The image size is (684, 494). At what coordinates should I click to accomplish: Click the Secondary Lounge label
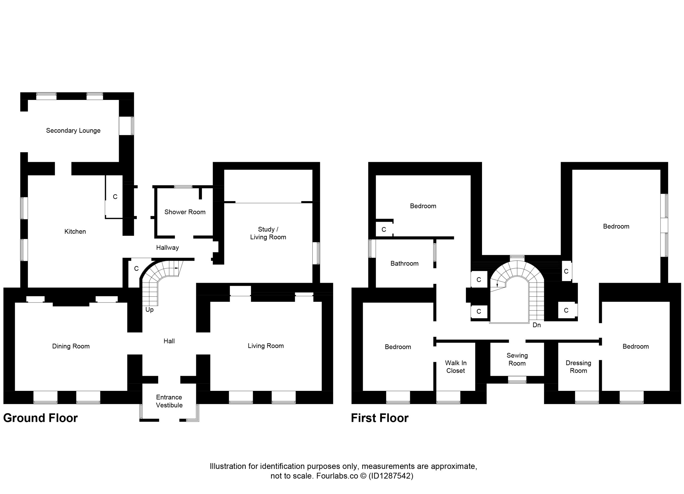point(73,131)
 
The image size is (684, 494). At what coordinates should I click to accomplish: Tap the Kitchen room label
point(75,232)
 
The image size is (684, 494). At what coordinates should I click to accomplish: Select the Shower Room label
point(185,212)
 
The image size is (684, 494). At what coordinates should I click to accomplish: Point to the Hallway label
point(167,248)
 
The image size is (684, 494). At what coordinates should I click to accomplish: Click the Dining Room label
point(71,346)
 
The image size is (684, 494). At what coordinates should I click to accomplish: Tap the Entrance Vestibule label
point(169,401)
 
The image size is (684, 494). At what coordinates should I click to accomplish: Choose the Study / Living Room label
point(268,233)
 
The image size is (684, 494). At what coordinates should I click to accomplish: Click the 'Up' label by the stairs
point(150,310)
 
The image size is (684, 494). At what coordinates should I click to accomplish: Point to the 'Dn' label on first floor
point(537,325)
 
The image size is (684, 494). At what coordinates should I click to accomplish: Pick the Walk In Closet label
point(456,367)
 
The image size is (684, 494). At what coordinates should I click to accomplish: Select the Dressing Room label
point(578,367)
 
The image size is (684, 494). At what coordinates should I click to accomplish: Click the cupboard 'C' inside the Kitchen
point(115,197)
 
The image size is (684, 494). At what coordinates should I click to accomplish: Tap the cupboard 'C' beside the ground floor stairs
point(136,269)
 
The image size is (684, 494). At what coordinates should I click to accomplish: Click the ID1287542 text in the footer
point(391,476)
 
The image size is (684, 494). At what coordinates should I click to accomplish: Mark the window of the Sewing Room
point(517,379)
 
